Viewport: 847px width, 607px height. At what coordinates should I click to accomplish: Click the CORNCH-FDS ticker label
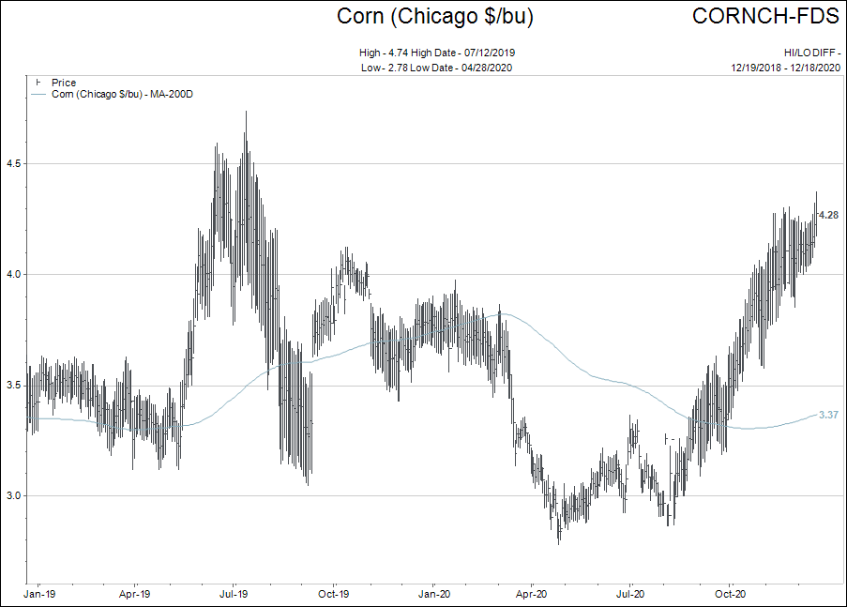click(x=764, y=17)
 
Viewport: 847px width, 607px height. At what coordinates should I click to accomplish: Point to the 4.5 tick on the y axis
click(x=12, y=163)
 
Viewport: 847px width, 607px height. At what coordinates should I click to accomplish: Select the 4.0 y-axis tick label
click(x=12, y=274)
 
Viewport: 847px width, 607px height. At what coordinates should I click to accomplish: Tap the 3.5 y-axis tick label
click(x=12, y=385)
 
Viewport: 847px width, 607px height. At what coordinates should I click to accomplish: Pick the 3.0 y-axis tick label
click(x=12, y=495)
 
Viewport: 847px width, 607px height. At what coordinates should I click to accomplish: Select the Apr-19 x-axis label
click(x=135, y=594)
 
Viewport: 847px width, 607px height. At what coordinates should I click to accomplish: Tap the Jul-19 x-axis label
click(x=234, y=594)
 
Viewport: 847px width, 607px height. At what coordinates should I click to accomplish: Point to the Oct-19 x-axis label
click(x=333, y=594)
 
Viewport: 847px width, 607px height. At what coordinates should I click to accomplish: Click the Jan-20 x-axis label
click(x=433, y=594)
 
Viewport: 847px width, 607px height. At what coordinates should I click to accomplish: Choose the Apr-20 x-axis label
click(x=532, y=594)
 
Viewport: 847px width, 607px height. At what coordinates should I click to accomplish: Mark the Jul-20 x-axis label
click(x=630, y=594)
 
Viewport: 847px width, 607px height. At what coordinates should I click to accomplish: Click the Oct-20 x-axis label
click(x=730, y=594)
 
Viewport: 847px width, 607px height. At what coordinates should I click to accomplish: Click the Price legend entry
click(x=64, y=83)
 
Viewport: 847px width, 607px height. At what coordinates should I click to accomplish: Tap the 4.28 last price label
click(x=828, y=215)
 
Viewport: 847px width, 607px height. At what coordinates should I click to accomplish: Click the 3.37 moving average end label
click(x=828, y=415)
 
